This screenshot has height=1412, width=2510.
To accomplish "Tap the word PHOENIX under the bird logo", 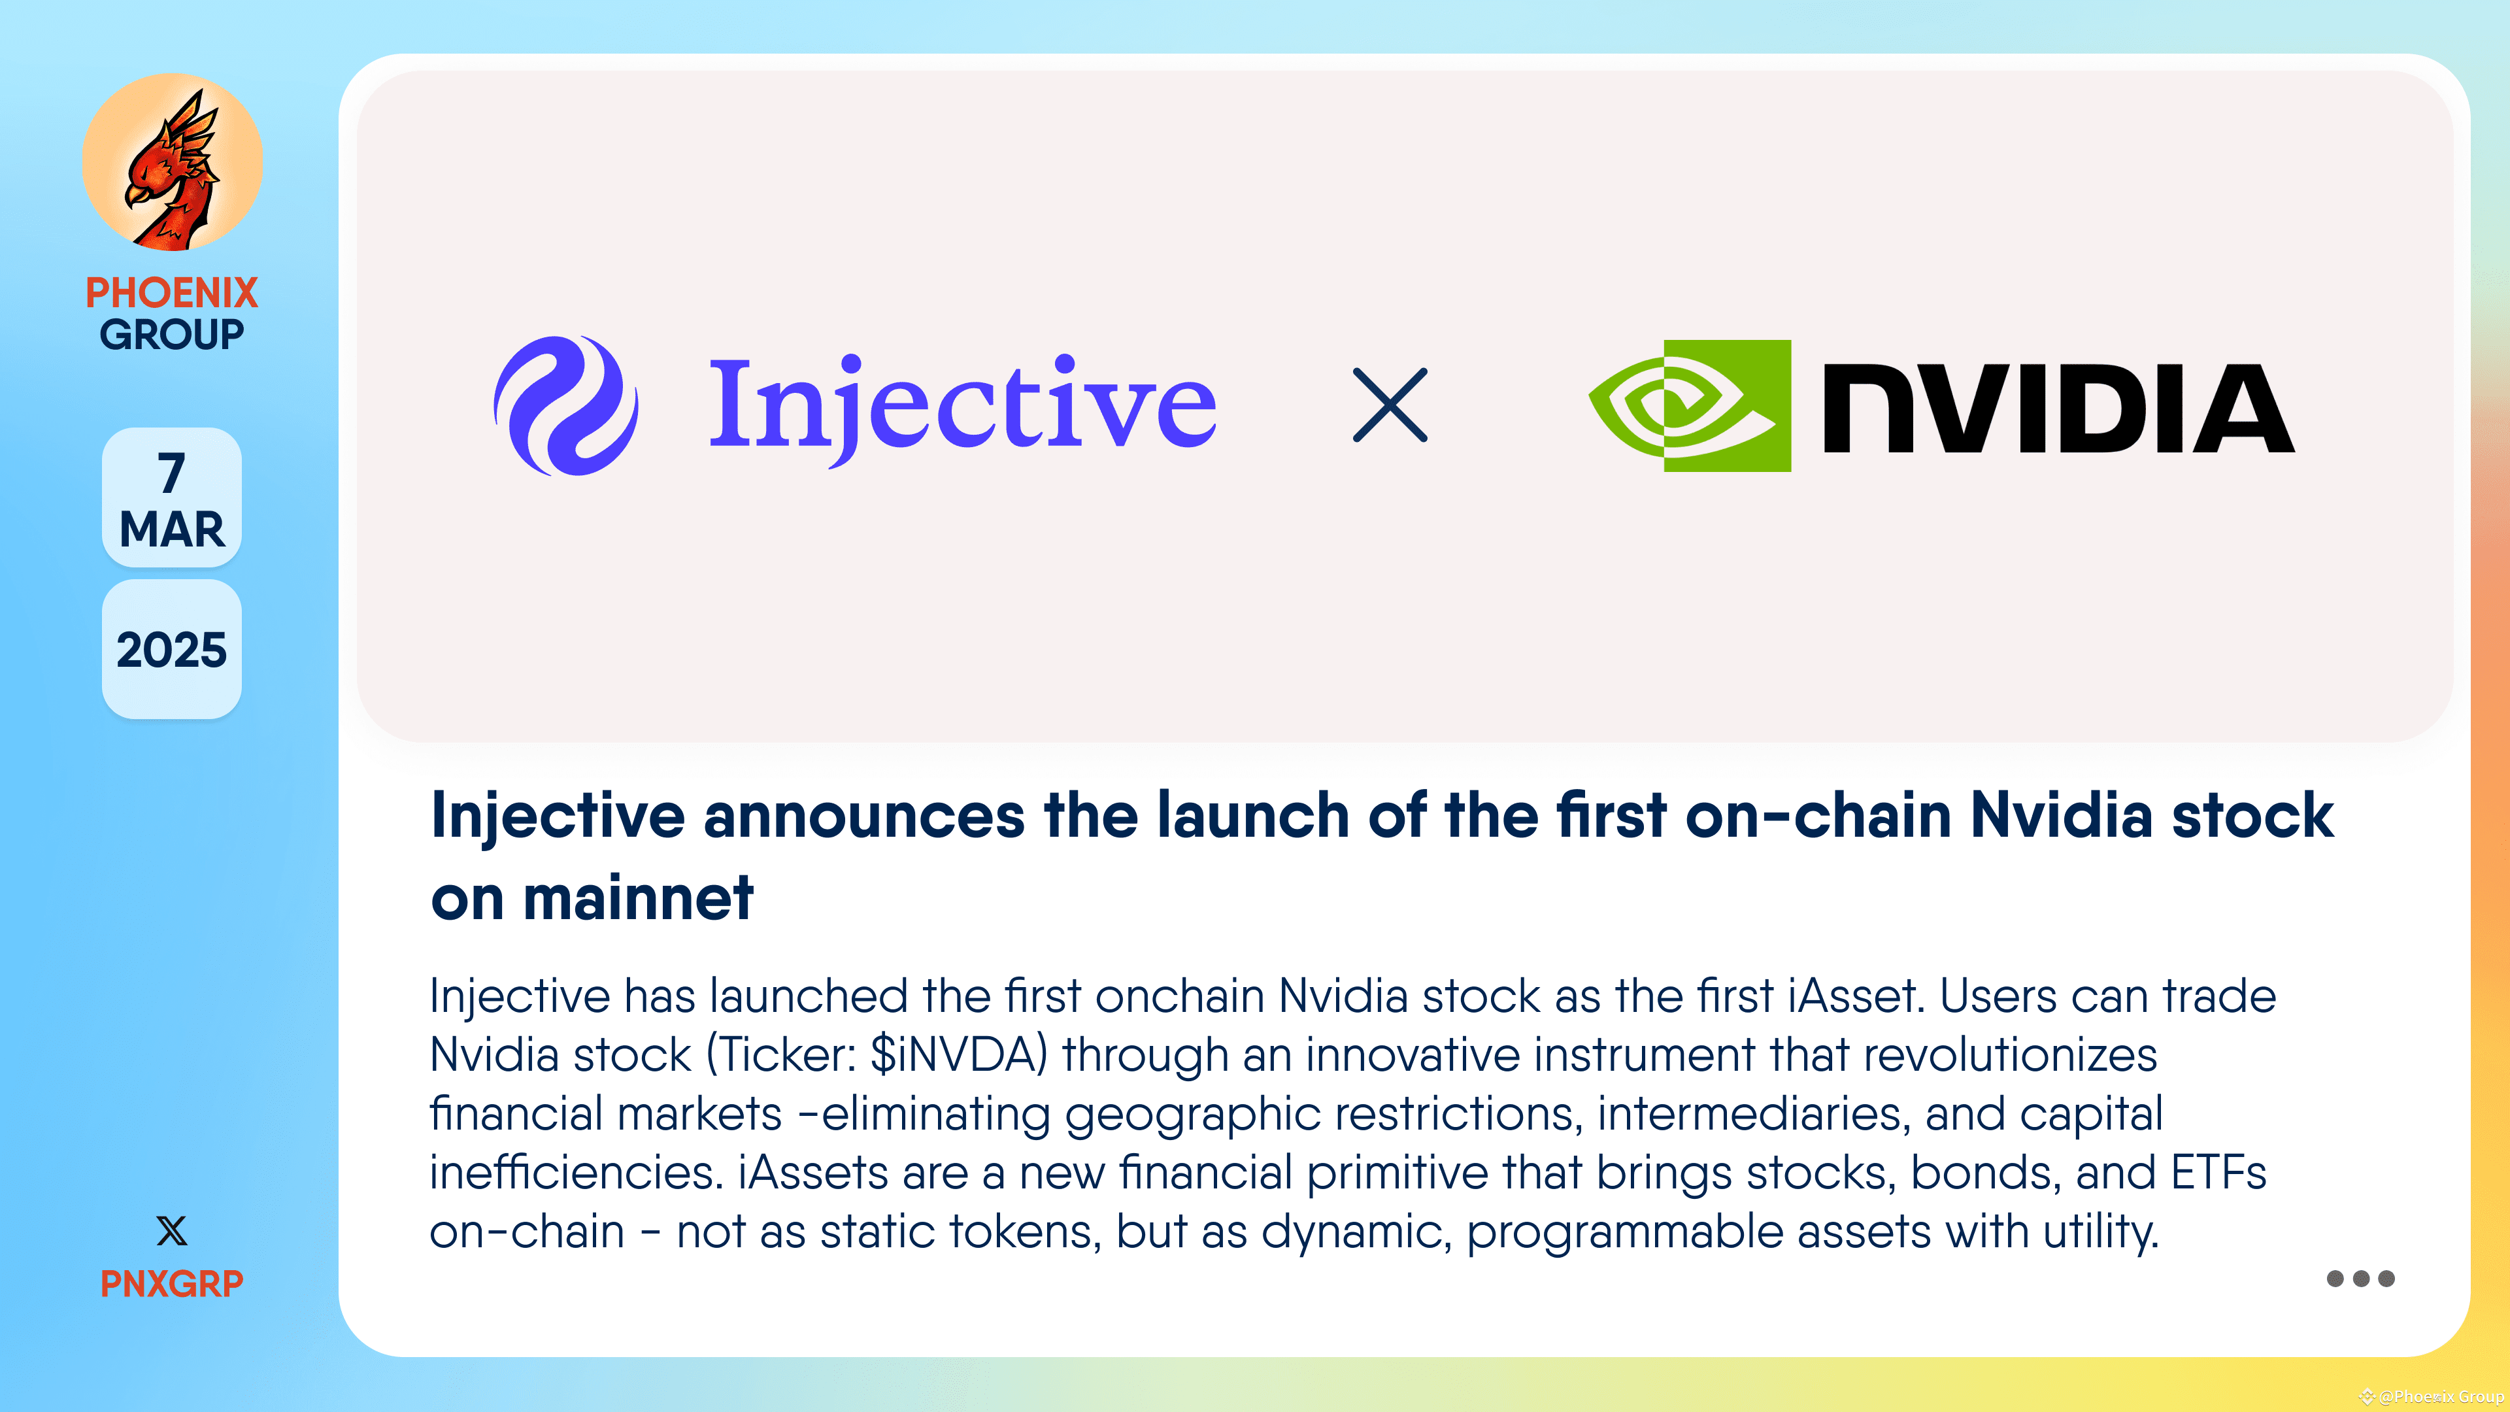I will [171, 292].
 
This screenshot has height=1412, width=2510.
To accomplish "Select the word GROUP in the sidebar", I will [171, 334].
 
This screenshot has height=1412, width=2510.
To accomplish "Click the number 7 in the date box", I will [171, 473].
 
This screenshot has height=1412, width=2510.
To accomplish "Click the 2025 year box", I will [171, 650].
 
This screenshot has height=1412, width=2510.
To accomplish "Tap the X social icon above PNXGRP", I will [171, 1231].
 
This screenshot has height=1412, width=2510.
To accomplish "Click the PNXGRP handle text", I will [171, 1283].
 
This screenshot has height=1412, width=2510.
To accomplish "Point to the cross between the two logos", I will [1390, 405].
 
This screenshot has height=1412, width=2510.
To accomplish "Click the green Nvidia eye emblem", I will [1690, 405].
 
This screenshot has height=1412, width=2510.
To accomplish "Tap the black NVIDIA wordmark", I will [2058, 409].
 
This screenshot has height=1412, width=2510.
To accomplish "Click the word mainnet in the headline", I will [638, 898].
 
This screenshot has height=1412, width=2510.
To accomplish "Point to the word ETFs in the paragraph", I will [2218, 1172].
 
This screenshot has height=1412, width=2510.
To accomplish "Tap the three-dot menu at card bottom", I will [2360, 1279].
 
